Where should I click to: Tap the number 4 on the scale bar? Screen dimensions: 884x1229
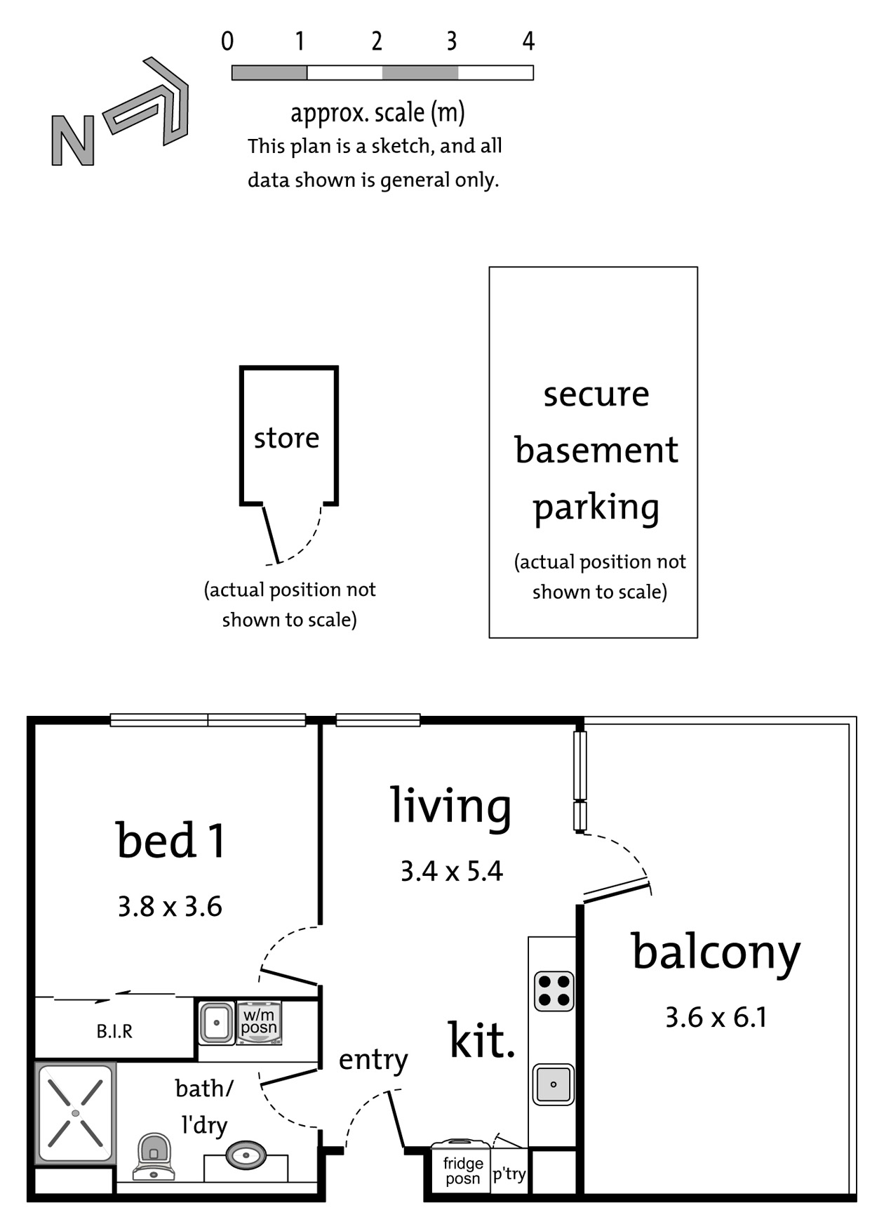[528, 41]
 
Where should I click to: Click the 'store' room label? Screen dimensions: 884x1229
[286, 438]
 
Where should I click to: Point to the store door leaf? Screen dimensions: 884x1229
[271, 534]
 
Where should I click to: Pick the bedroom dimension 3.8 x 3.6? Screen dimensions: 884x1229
[170, 906]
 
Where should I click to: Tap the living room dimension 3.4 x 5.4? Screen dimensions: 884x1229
[452, 871]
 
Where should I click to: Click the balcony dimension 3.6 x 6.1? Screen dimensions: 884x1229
[716, 1017]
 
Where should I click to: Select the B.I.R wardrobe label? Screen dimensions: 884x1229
[114, 1031]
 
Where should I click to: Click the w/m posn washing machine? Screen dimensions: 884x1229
[259, 1023]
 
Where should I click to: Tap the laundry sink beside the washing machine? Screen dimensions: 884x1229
[217, 1023]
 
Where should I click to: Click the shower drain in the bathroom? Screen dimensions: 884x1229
[76, 1113]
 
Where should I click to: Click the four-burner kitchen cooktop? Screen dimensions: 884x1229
[554, 991]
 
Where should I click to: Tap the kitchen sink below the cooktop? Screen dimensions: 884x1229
[554, 1084]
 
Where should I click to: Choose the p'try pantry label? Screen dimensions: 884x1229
[509, 1174]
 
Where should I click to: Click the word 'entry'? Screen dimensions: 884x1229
[373, 1060]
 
